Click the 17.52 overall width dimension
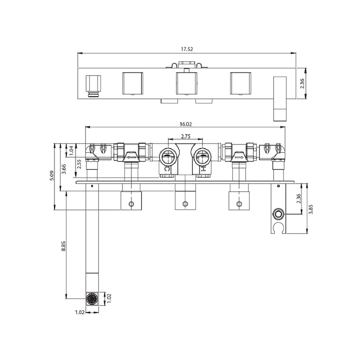(x=187, y=49)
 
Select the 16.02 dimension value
(x=186, y=124)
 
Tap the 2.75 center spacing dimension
(x=186, y=136)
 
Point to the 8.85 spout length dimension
(x=63, y=246)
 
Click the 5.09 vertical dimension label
(x=52, y=175)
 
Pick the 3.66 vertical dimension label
(x=64, y=169)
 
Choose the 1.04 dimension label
(x=71, y=150)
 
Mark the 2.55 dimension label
(x=79, y=164)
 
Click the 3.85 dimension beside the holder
(x=310, y=209)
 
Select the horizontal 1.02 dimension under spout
(x=80, y=312)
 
